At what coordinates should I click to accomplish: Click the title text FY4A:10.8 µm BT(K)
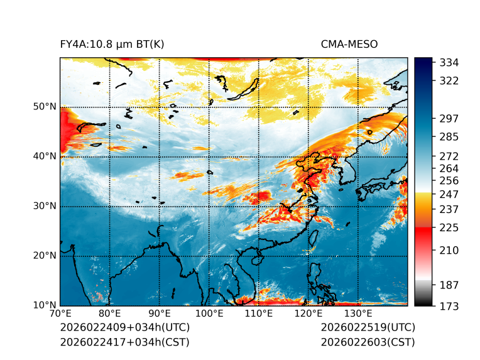112,45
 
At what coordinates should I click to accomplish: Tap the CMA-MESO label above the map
349,45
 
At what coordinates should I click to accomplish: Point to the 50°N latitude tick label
45,107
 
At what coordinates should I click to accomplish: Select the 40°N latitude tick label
45,156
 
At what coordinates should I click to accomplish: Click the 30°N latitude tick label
45,206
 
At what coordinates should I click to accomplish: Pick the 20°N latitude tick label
45,256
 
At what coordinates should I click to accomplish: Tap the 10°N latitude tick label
45,305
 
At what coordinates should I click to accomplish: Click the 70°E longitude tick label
60,314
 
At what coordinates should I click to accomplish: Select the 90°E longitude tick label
160,314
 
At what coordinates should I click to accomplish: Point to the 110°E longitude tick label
258,314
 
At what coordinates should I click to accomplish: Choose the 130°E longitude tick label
357,314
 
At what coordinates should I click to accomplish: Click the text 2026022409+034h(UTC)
124,328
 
